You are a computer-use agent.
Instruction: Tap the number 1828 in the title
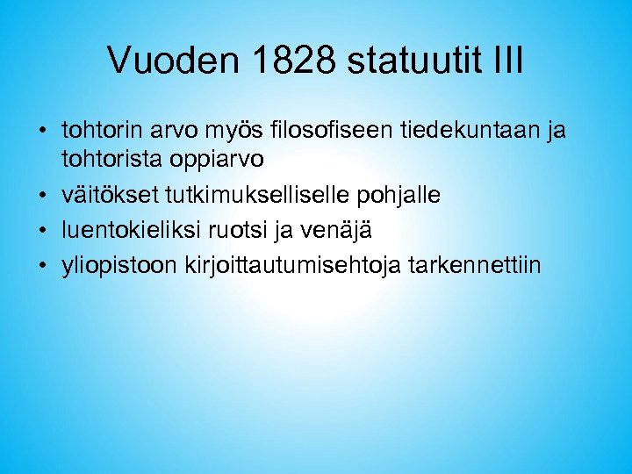pyautogui.click(x=291, y=61)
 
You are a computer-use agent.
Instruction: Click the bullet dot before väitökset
pyautogui.click(x=43, y=196)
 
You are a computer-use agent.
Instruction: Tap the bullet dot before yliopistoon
pyautogui.click(x=43, y=266)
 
